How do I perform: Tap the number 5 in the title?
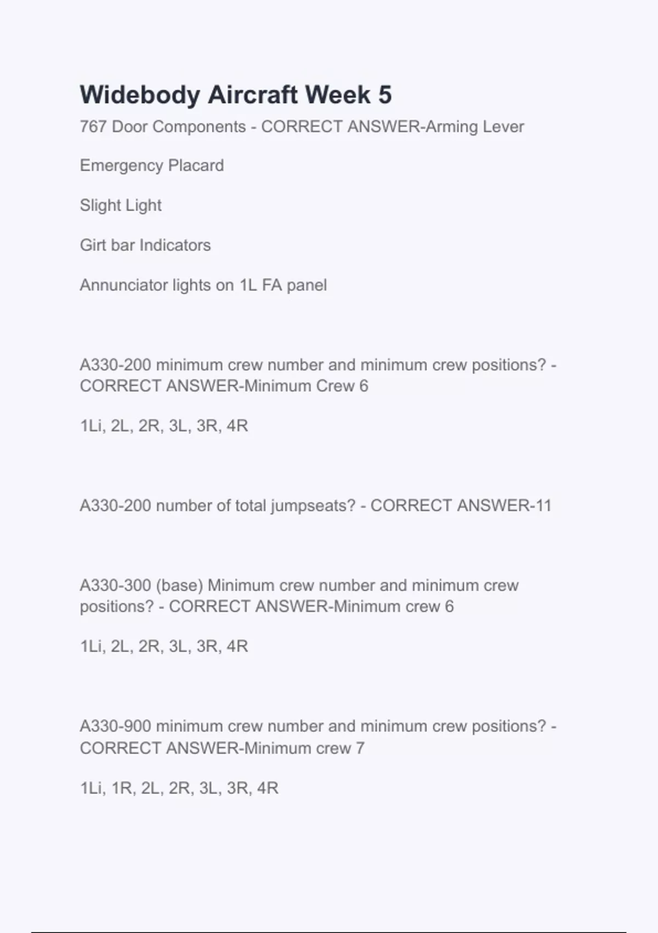coord(385,95)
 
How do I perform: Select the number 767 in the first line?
coord(93,127)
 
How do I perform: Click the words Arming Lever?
coord(475,127)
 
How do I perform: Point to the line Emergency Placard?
coord(152,166)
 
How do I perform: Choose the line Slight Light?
coord(121,205)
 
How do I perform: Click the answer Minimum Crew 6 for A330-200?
coord(307,386)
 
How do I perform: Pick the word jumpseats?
coord(311,505)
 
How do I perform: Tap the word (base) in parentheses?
coord(179,586)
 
